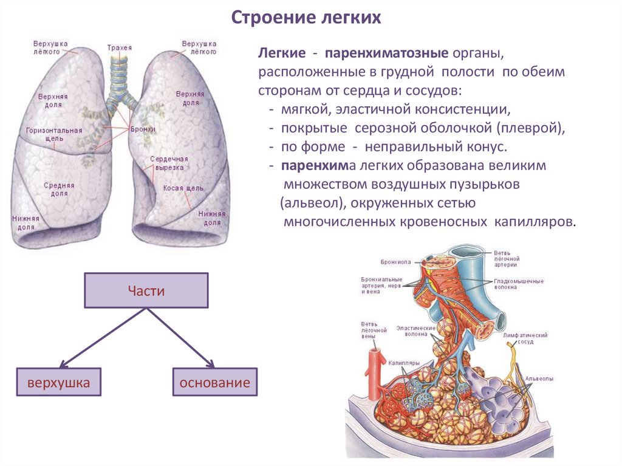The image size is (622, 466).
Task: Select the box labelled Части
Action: pyautogui.click(x=146, y=290)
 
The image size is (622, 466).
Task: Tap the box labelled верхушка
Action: pyautogui.click(x=58, y=383)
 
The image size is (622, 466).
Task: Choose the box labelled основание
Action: pyautogui.click(x=214, y=383)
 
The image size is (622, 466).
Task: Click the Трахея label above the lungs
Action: pyautogui.click(x=119, y=47)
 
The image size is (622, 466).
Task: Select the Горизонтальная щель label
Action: pyautogui.click(x=53, y=134)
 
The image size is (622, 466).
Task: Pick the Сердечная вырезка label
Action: pyautogui.click(x=167, y=162)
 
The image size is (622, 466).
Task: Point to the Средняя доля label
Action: pyautogui.click(x=59, y=190)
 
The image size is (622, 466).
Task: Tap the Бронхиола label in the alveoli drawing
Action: pyautogui.click(x=395, y=262)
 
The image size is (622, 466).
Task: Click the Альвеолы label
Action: pyautogui.click(x=539, y=379)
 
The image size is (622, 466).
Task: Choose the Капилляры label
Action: pyautogui.click(x=404, y=363)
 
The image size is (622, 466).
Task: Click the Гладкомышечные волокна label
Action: pyautogui.click(x=518, y=284)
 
